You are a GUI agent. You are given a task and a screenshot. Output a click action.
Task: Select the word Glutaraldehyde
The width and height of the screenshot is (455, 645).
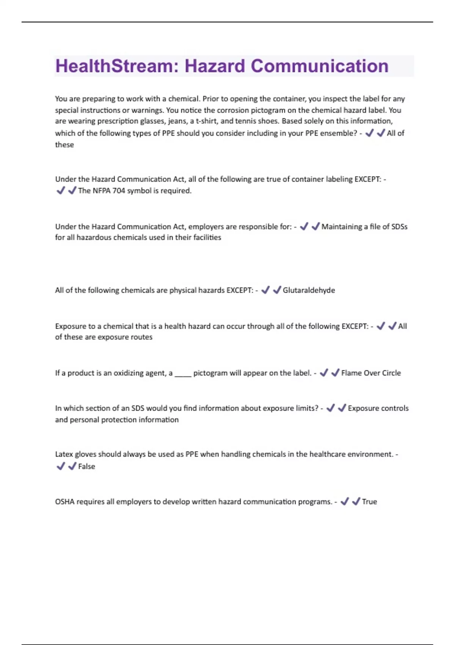click(x=309, y=290)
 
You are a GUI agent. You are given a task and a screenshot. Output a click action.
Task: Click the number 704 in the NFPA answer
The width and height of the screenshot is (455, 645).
click(x=119, y=190)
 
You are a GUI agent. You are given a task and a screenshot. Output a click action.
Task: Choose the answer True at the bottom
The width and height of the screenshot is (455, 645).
click(x=369, y=502)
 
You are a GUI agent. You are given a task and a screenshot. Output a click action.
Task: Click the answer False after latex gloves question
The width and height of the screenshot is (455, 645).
click(x=86, y=466)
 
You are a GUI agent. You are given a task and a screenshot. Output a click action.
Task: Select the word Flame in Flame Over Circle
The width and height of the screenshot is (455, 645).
click(x=351, y=373)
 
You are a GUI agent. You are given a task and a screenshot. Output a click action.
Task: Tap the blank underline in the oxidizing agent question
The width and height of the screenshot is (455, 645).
click(x=183, y=374)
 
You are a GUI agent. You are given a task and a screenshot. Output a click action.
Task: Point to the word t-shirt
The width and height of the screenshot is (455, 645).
click(x=206, y=121)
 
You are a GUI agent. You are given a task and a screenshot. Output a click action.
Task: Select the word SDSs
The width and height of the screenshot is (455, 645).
click(x=399, y=227)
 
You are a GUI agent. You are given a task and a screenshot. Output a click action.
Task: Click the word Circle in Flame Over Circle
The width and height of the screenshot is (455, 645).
click(x=391, y=373)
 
